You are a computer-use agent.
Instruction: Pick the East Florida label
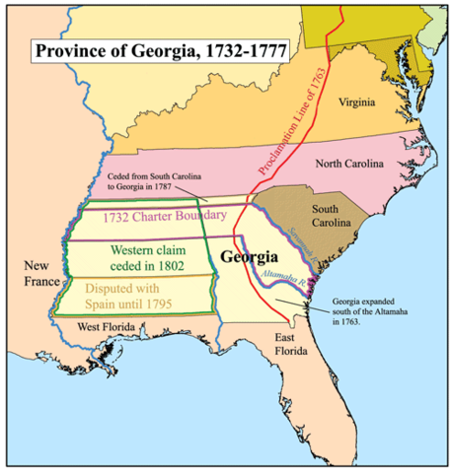pos(292,346)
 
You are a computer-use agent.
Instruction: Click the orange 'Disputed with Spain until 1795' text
pos(134,297)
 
